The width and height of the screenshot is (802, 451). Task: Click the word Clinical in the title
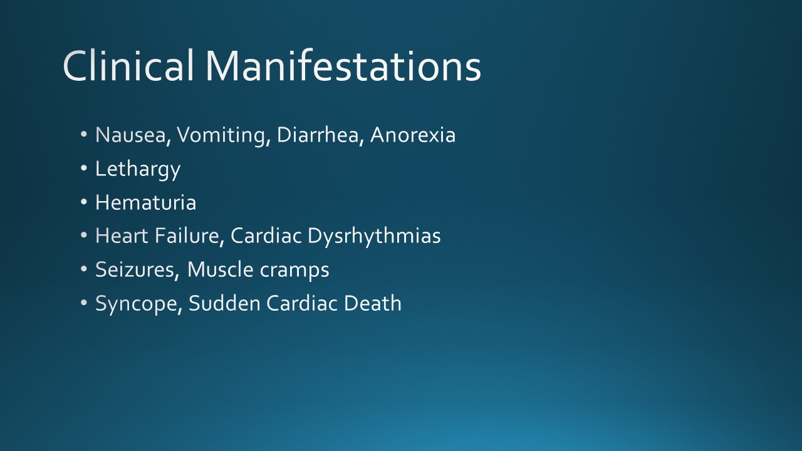pos(129,65)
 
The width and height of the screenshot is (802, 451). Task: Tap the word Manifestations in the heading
pos(343,65)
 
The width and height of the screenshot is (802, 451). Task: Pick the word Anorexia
pos(412,135)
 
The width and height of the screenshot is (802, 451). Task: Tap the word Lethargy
pos(137,169)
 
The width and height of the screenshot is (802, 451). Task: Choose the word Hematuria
pos(145,202)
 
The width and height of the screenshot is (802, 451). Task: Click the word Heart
pos(122,236)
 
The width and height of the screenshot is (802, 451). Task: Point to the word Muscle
pos(217,269)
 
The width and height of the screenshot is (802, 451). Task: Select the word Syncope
pos(138,304)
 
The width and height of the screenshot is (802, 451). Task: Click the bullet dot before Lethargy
pos(85,169)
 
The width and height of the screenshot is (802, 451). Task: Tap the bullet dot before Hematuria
pos(85,202)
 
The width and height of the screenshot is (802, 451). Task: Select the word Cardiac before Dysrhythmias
pos(266,236)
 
